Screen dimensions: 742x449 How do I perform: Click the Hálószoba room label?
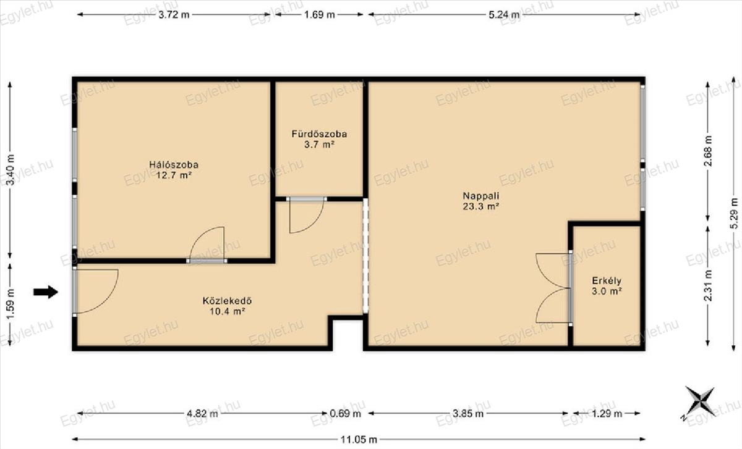[x=174, y=165]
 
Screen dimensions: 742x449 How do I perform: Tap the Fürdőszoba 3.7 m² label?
[x=319, y=139]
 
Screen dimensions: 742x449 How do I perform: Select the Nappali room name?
[x=481, y=196]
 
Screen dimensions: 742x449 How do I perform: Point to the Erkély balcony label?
[x=607, y=281]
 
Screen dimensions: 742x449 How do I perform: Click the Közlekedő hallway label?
[x=228, y=301]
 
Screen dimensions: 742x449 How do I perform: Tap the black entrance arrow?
[x=46, y=292]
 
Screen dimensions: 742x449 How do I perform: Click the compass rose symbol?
[x=700, y=403]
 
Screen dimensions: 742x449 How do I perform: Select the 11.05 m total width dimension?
[x=359, y=439]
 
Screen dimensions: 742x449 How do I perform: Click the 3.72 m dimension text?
[x=174, y=15]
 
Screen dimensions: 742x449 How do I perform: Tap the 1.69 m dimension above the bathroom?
[x=319, y=15]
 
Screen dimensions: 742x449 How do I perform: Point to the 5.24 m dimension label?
[x=504, y=15]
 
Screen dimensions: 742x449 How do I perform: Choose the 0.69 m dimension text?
[x=346, y=414]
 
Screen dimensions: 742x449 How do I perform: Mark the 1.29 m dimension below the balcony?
[x=607, y=414]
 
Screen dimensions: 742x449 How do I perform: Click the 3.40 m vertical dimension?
[x=11, y=170]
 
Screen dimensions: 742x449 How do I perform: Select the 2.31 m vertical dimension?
[x=708, y=285]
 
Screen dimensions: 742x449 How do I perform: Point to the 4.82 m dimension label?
[x=202, y=414]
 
